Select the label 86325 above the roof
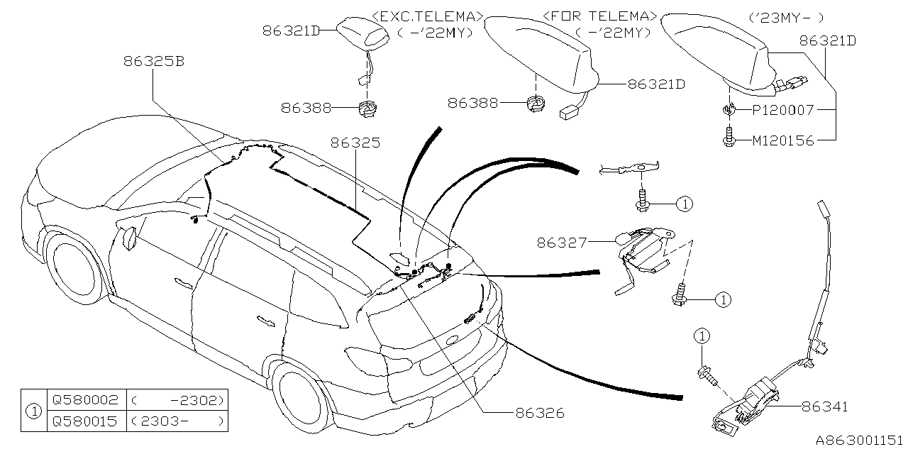[355, 143]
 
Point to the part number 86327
[561, 243]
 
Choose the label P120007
[782, 110]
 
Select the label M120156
[782, 140]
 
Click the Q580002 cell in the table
[84, 399]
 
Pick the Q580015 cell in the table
[84, 421]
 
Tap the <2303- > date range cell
[178, 421]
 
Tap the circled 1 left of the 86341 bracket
[701, 336]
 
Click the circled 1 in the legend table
[32, 410]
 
